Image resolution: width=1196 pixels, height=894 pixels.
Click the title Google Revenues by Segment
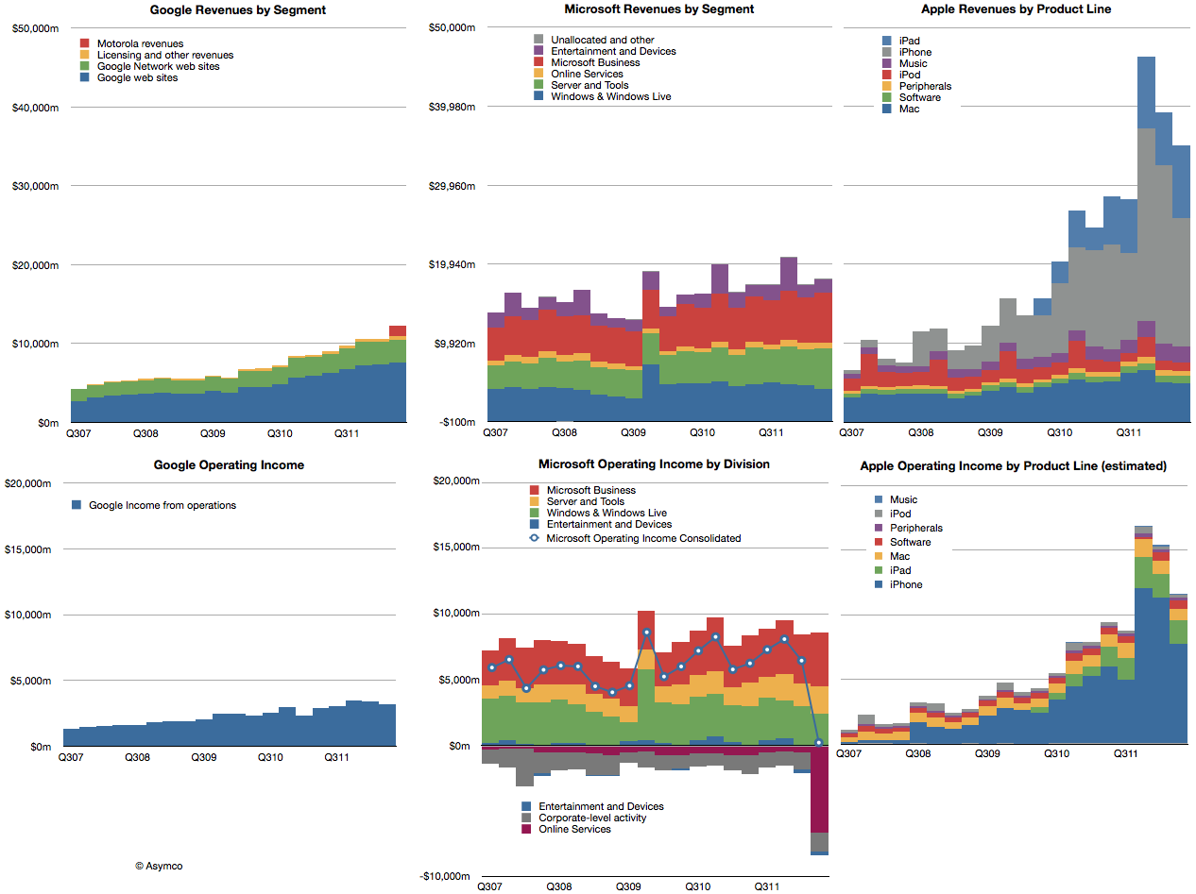pos(238,9)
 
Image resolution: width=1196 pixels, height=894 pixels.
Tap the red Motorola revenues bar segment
pos(398,330)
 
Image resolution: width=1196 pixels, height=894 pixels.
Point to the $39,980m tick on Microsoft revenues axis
pos(449,107)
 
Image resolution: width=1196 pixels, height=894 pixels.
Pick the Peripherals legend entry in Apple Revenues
pos(925,86)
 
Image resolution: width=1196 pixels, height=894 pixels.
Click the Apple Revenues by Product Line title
pos(1017,9)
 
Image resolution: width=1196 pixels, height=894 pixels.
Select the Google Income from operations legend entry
pos(162,505)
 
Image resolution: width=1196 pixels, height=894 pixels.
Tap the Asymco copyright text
pos(159,865)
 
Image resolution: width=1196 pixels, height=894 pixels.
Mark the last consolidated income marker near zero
pos(818,743)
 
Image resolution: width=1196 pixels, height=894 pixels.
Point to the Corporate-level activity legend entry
pos(592,818)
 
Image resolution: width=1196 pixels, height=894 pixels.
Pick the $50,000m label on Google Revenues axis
pos(35,28)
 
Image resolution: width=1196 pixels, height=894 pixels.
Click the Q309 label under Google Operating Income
pos(203,757)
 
